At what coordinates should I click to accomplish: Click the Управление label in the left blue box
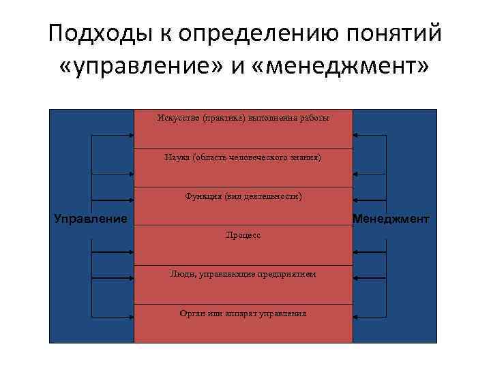pyautogui.click(x=90, y=219)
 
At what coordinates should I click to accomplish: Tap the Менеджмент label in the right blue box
pyautogui.click(x=391, y=219)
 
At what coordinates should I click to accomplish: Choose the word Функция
pyautogui.click(x=203, y=196)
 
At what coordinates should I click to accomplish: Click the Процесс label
pyautogui.click(x=243, y=235)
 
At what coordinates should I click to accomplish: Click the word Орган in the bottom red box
pyautogui.click(x=193, y=313)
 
